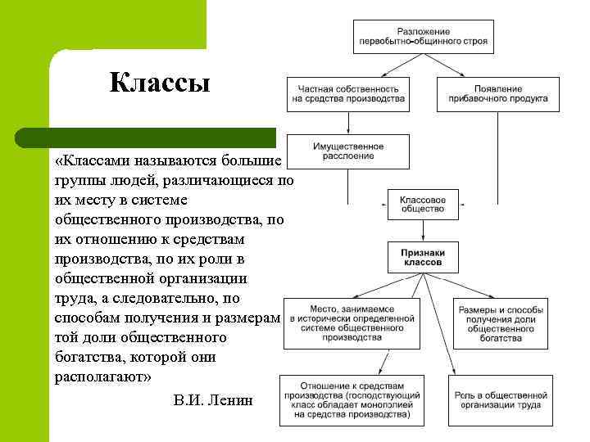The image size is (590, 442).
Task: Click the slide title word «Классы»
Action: [160, 83]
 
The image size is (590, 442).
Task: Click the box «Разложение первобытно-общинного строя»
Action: [423, 34]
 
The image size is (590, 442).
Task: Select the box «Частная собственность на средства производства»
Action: [348, 94]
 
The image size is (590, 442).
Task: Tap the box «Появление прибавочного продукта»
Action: [498, 94]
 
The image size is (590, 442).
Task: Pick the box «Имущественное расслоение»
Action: [348, 151]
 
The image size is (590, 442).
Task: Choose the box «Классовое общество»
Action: [422, 204]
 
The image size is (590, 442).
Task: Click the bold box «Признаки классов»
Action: [423, 258]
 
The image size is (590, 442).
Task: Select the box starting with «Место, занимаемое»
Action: [352, 321]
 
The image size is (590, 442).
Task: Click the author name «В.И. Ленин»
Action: [214, 400]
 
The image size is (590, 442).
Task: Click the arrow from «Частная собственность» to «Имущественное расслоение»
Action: [348, 124]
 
